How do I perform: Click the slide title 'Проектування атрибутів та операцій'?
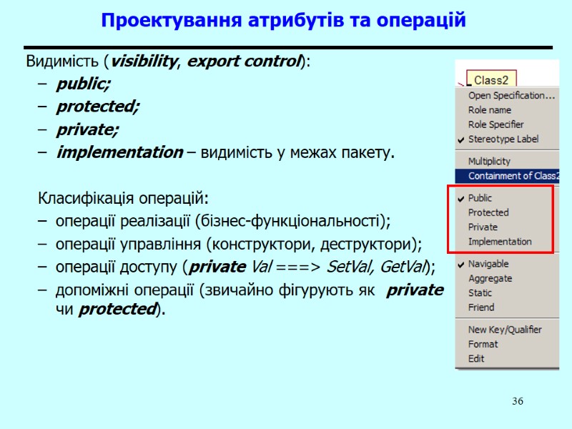[x=283, y=21]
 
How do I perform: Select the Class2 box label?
[x=490, y=80]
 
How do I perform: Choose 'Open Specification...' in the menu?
[x=511, y=96]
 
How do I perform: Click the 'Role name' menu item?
[x=489, y=110]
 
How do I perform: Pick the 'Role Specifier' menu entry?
[x=495, y=124]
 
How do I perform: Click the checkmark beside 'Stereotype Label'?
[x=460, y=139]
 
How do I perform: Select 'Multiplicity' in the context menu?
[x=489, y=162]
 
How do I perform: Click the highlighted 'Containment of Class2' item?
[x=513, y=176]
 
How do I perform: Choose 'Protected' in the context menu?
[x=488, y=212]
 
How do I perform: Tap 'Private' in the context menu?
[x=483, y=227]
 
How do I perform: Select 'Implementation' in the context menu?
[x=500, y=242]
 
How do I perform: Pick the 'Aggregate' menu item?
[x=490, y=279]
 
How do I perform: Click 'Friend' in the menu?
[x=480, y=307]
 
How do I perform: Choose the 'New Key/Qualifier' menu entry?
[x=504, y=330]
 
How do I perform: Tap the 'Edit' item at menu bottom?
[x=476, y=359]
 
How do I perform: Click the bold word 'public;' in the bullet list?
[x=84, y=84]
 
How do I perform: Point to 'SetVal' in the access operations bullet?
[x=350, y=267]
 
